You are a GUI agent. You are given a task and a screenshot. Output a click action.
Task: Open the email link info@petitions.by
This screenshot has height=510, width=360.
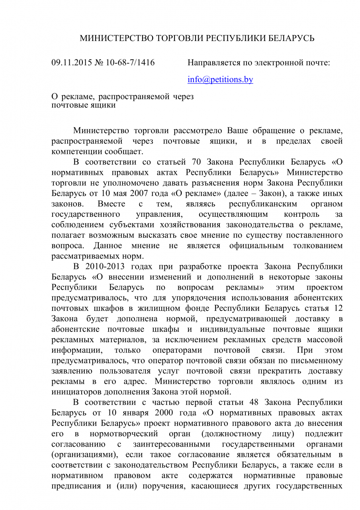tap(220, 79)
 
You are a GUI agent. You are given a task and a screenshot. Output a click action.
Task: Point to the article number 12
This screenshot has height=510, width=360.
tap(337, 308)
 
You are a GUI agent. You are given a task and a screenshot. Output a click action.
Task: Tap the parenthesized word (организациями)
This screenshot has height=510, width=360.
tap(83, 454)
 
